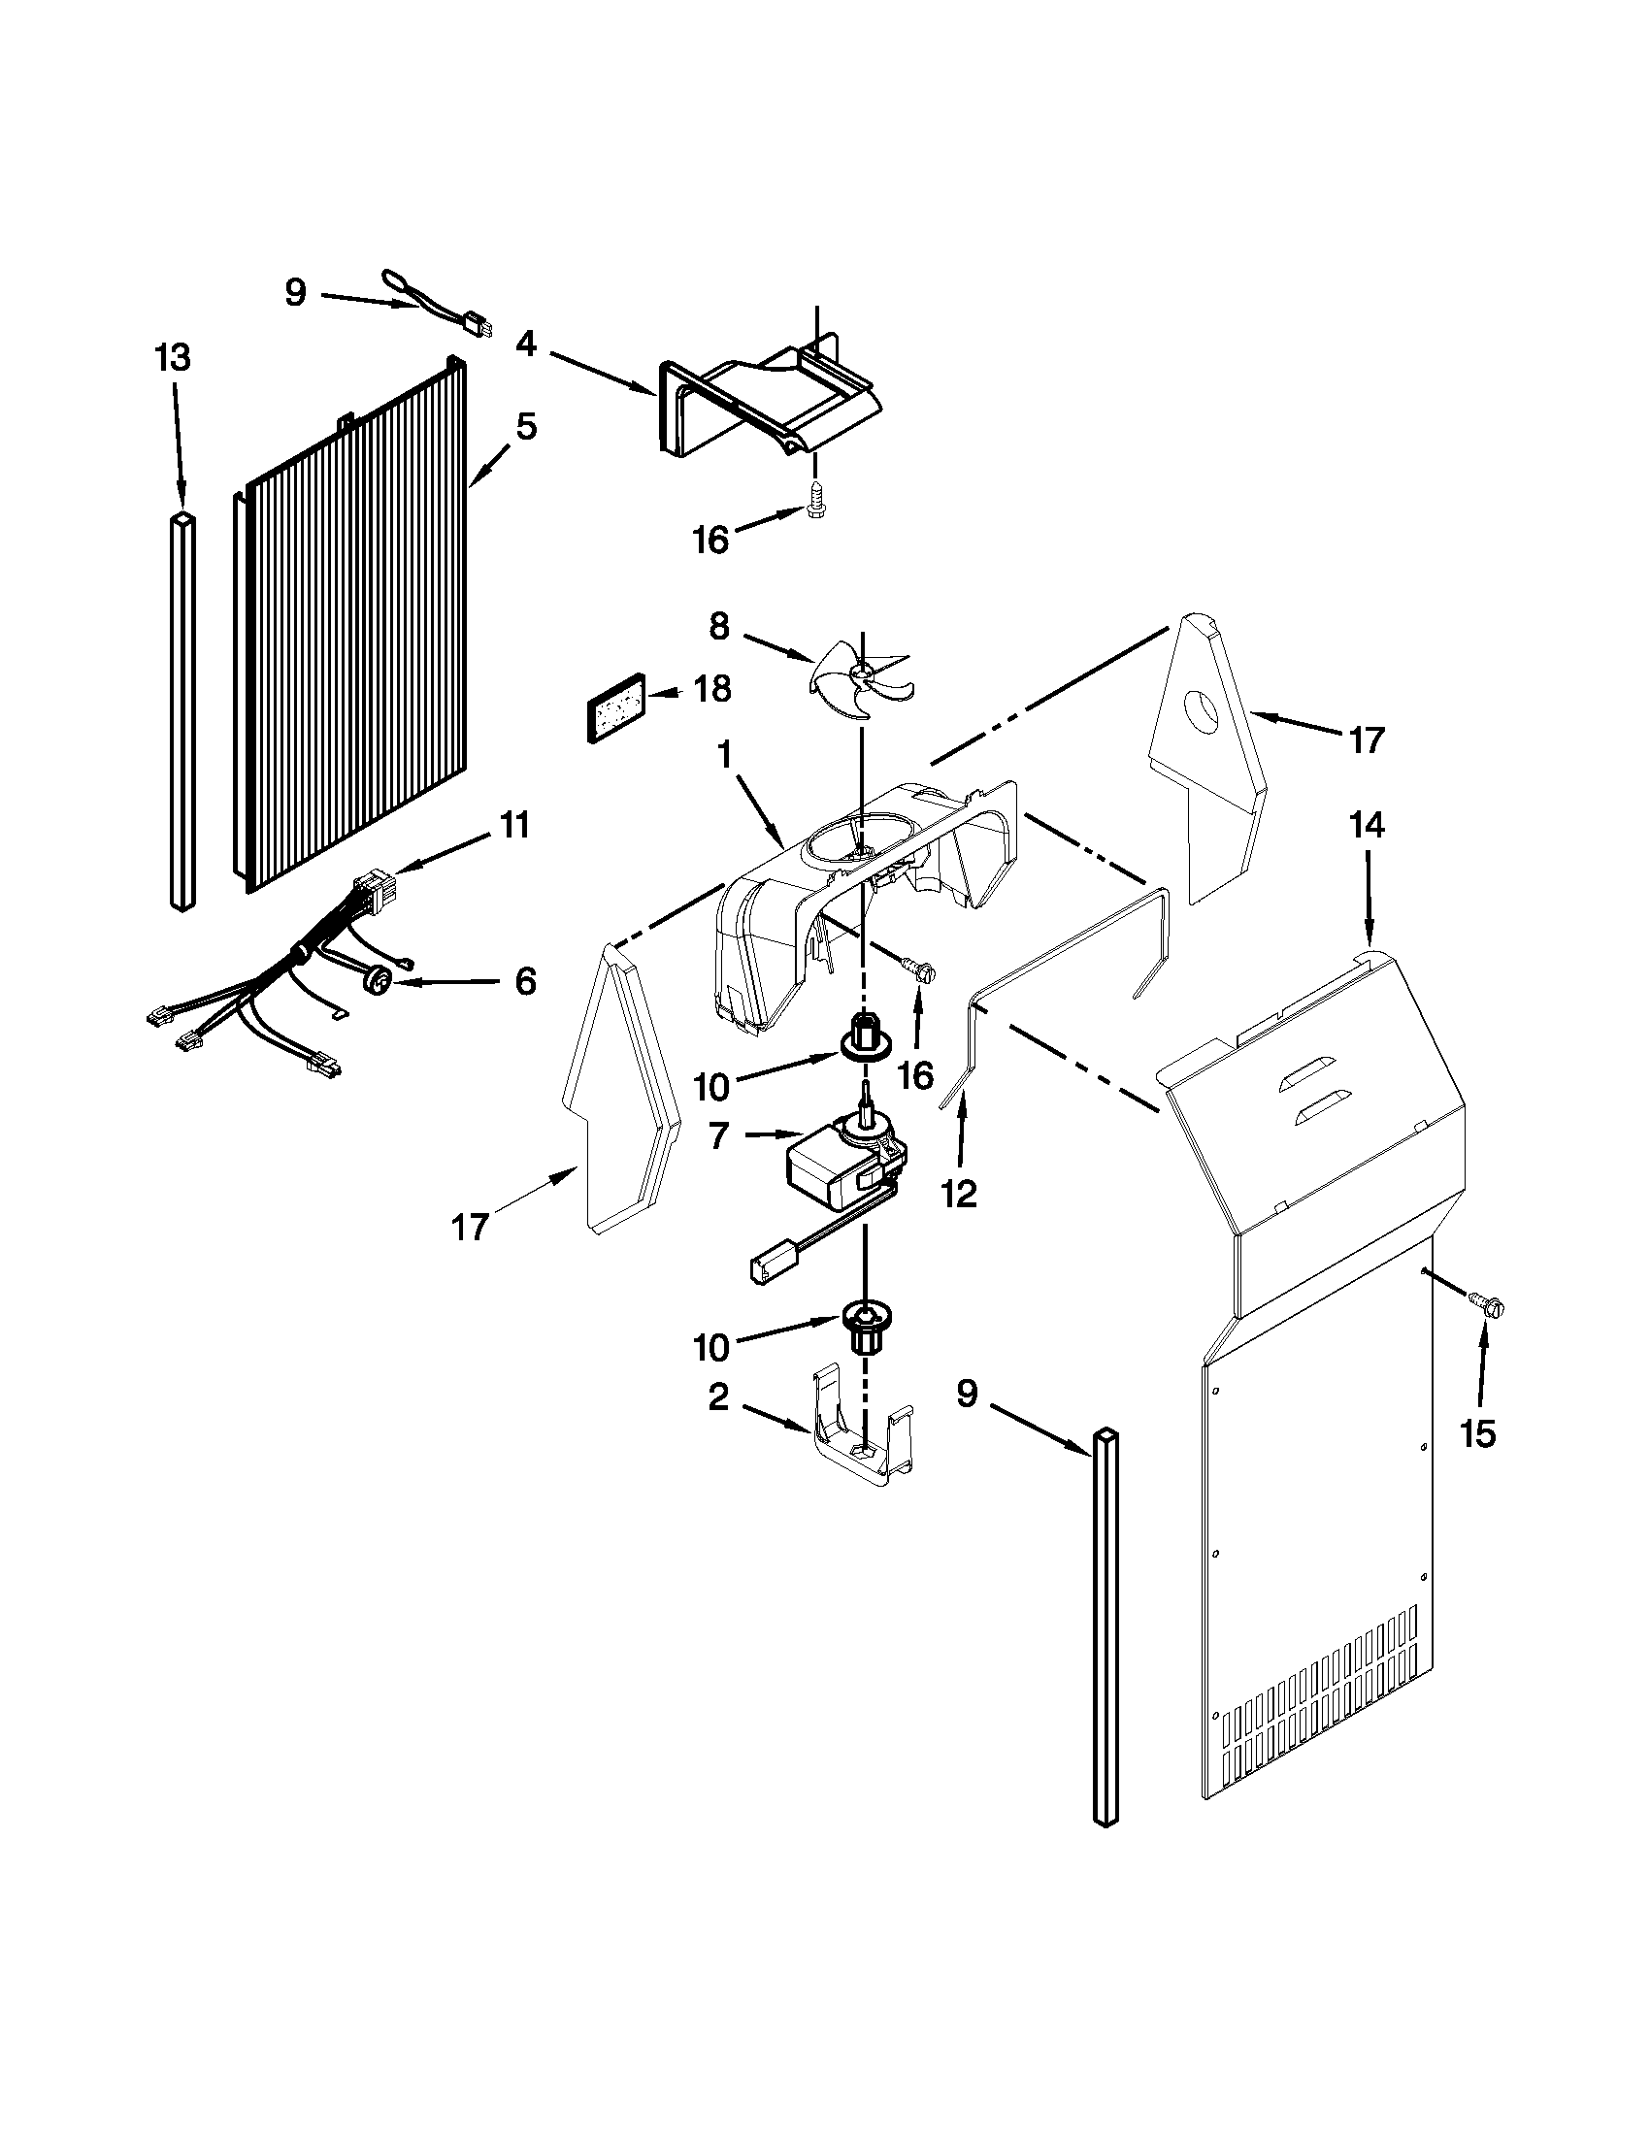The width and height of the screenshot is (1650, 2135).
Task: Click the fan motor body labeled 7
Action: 831,1173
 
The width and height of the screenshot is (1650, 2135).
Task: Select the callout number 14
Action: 1367,826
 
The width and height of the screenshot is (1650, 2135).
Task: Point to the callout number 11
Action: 514,825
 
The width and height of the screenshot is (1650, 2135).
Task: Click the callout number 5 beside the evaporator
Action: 526,426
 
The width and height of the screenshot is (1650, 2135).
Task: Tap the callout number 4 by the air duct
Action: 526,345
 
